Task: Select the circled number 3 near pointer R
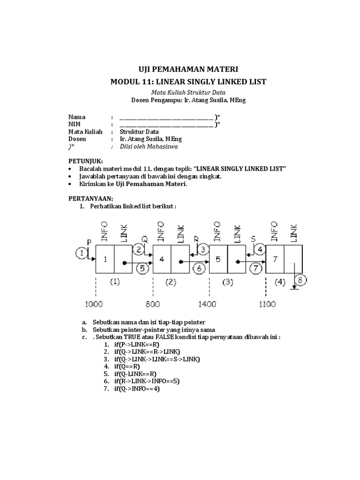click(x=203, y=249)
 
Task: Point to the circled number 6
click(x=199, y=269)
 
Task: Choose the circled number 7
click(x=256, y=269)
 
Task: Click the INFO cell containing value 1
click(x=105, y=259)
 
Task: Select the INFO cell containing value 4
click(x=162, y=259)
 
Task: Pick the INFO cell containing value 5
click(x=218, y=259)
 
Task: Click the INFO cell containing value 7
click(x=275, y=259)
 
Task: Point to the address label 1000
click(x=94, y=304)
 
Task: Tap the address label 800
click(x=153, y=304)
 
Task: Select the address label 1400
click(x=207, y=304)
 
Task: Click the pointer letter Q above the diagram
click(x=144, y=239)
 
